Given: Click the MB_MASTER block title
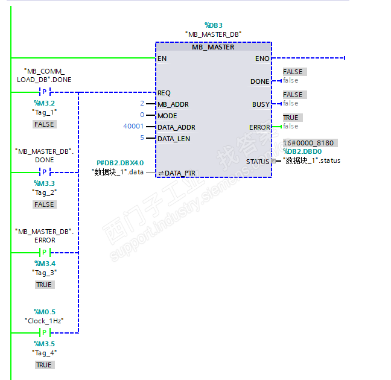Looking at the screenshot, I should [x=213, y=47].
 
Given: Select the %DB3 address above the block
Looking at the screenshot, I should [x=214, y=25].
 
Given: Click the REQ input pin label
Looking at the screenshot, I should [x=164, y=93].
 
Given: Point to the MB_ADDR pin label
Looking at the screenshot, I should [x=173, y=104].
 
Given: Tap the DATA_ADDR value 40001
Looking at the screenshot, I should [x=133, y=127].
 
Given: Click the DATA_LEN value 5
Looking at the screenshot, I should [x=142, y=138].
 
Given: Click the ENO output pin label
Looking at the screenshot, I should [x=262, y=59].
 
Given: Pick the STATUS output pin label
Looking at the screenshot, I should [x=258, y=162].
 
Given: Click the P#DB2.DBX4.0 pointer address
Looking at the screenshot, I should [x=120, y=163].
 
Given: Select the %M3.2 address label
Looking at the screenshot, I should [x=43, y=103].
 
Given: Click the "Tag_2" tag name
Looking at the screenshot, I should [x=44, y=192].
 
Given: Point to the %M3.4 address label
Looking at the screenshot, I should [x=44, y=264].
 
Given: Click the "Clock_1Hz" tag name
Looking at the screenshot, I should [x=44, y=320].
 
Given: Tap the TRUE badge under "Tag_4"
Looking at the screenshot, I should [x=44, y=365].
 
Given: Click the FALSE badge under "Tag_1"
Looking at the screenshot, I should [x=44, y=124].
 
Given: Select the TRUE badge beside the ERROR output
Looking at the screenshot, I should [x=290, y=118].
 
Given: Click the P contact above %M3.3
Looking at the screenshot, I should [x=44, y=172].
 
